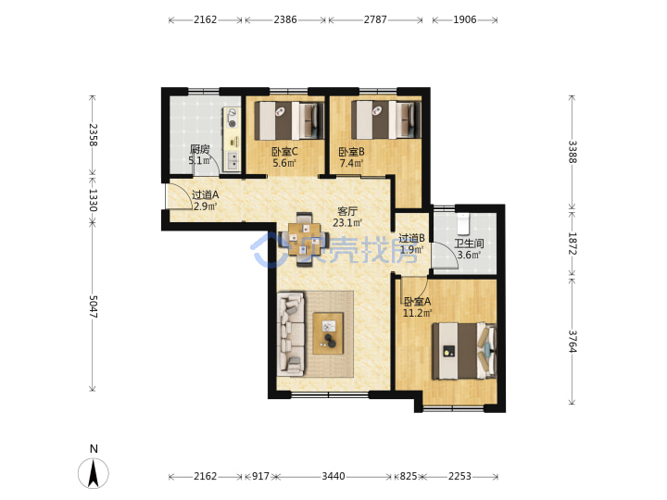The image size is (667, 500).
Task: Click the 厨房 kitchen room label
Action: click(199, 149)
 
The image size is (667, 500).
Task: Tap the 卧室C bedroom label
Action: click(284, 152)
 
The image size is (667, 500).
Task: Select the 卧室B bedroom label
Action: click(351, 152)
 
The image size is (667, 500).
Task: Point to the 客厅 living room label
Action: click(347, 211)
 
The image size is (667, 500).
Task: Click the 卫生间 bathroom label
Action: click(469, 244)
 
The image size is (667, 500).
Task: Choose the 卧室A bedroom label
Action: click(417, 302)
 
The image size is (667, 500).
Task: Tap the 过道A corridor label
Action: click(205, 195)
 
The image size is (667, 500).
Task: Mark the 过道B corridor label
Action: click(411, 238)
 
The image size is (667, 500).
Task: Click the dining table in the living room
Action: click(304, 240)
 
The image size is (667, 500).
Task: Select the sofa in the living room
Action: click(291, 333)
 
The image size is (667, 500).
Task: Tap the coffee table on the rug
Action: click(328, 333)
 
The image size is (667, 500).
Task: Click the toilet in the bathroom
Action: click(463, 224)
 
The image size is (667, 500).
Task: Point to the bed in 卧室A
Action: click(464, 351)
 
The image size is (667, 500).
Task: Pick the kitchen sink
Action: click(233, 161)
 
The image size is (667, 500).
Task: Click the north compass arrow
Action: click(94, 473)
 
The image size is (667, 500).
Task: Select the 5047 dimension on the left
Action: click(94, 307)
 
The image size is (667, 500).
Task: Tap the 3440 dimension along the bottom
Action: click(333, 476)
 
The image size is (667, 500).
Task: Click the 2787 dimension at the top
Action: click(375, 19)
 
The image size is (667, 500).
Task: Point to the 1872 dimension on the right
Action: click(573, 244)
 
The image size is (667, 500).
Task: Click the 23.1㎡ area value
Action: click(347, 223)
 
